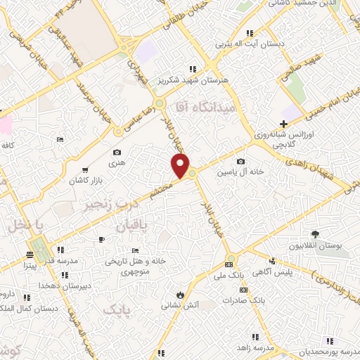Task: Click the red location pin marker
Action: click(x=181, y=166)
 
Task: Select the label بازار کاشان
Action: click(x=86, y=181)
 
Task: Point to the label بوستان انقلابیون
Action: click(x=314, y=246)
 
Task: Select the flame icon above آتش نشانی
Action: click(x=181, y=294)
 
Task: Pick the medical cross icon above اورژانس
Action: click(x=283, y=123)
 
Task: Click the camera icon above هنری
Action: click(x=117, y=153)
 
